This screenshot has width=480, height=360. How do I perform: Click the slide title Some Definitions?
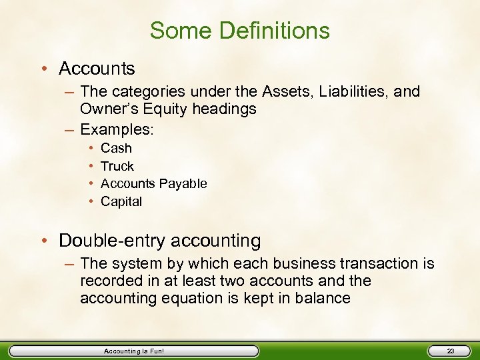coord(239,30)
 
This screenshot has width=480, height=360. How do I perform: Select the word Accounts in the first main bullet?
coord(97,69)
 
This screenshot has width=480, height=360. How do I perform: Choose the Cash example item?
coord(116,148)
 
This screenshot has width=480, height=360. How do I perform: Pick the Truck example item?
coord(117,166)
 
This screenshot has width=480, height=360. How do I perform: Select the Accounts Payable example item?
coord(153,183)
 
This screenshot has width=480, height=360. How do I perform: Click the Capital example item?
coord(121,201)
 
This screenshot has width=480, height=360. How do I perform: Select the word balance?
coord(323,298)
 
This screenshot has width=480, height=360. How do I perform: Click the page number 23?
coord(451,351)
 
